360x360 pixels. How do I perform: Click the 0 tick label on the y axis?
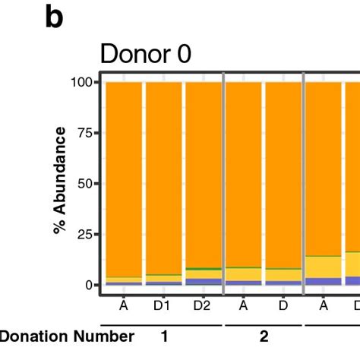pos(89,286)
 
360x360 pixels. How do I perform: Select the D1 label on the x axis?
pos(163,305)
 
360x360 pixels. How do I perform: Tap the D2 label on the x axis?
pos(203,305)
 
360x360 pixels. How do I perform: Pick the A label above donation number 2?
pos(243,305)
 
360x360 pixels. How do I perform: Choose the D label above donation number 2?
pos(283,305)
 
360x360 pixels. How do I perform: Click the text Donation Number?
pos(68,336)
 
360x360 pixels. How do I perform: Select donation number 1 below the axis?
pos(163,336)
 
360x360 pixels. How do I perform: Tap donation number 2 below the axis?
pos(264,336)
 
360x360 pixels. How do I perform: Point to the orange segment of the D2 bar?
pos(203,175)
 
